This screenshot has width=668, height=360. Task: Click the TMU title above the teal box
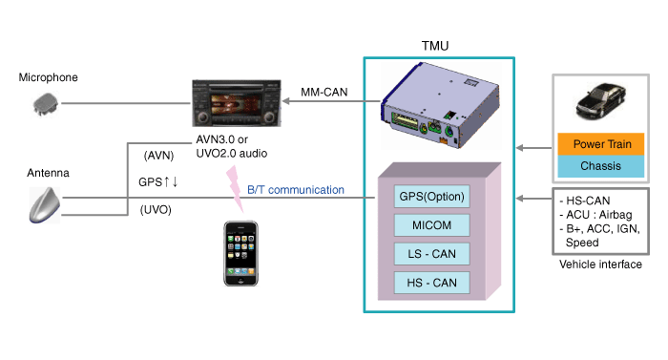coord(435,46)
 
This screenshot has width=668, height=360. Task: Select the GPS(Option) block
coord(431,196)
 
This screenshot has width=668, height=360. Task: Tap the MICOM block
coord(431,225)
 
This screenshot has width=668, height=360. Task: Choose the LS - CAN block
coord(431,254)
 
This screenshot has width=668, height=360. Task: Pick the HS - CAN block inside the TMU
coord(431,283)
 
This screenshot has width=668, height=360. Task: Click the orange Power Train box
coord(600,144)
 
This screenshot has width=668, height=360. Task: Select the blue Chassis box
coord(600,166)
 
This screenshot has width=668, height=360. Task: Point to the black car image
coord(600,101)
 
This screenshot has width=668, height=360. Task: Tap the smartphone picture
coord(240,253)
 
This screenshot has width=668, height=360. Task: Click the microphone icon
coord(45,104)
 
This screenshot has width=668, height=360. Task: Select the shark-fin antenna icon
coord(45,204)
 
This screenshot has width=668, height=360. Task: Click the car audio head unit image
coord(237,103)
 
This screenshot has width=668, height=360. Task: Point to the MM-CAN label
coord(324,92)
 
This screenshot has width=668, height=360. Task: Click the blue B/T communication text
coord(296,190)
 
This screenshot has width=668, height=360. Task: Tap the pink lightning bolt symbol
coord(235,188)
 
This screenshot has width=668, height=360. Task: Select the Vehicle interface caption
coord(600,265)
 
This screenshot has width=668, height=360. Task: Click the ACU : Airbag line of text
coord(595,215)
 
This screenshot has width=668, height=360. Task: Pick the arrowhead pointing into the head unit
coord(286,101)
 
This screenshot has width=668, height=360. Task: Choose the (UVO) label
coord(156,210)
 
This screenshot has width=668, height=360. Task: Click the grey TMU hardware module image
coord(441,106)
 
